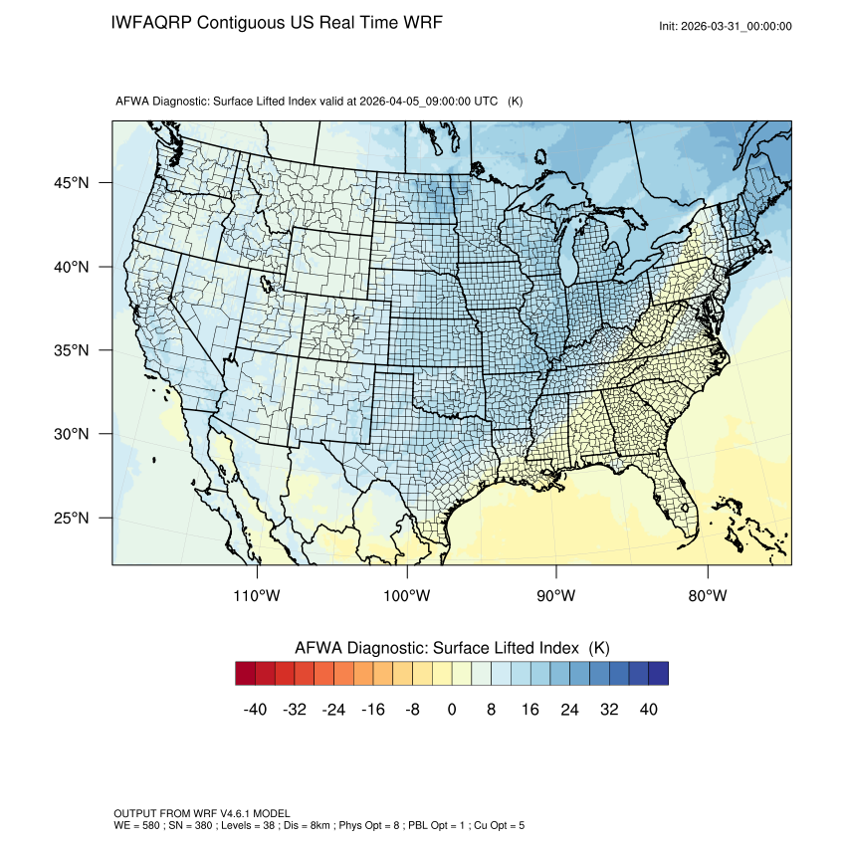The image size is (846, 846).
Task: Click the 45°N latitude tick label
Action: point(71,183)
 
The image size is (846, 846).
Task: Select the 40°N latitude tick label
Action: point(71,267)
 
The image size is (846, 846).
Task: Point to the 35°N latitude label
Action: point(71,350)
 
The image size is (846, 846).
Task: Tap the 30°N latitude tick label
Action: point(71,434)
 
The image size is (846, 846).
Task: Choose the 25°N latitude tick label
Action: point(71,518)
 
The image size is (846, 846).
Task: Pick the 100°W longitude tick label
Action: point(407,596)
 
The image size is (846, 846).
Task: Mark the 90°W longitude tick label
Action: point(556,596)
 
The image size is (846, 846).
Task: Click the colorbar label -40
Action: point(255,710)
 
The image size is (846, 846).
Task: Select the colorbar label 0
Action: point(452,710)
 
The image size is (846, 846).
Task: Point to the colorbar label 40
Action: point(648,710)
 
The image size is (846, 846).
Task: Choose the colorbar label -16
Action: point(373,710)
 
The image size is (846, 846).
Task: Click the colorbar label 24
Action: point(569,710)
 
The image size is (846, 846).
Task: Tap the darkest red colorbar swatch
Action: point(246,674)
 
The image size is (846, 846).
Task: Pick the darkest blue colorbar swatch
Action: point(658,674)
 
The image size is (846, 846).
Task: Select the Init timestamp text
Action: point(726,26)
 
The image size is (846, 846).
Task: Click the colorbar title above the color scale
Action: point(452,647)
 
